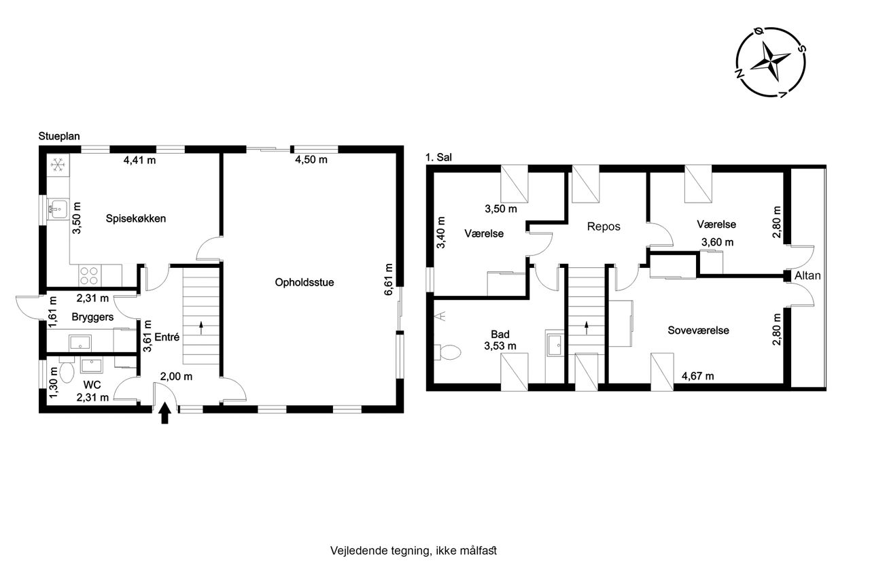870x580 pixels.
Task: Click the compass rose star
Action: tap(770, 62)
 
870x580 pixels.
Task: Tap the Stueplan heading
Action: tap(59, 137)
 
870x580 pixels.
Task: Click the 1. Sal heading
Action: tap(439, 157)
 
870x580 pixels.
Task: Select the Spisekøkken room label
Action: tap(136, 218)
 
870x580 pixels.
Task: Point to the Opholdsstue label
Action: tap(304, 282)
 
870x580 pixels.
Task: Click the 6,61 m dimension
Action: tap(389, 279)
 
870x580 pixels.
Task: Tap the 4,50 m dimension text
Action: tap(311, 160)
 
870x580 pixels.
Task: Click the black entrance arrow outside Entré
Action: tap(165, 413)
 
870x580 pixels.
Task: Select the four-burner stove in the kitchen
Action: tap(90, 275)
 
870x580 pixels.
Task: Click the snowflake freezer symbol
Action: tap(58, 165)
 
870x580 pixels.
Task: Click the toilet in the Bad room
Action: tap(447, 352)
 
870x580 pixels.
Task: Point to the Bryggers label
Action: tap(93, 317)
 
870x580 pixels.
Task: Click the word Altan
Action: tap(807, 276)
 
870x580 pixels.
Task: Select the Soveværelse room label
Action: tap(698, 330)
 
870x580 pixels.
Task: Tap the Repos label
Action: tap(604, 226)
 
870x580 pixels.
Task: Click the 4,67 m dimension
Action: tap(698, 376)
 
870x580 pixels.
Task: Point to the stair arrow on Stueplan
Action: tap(201, 328)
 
